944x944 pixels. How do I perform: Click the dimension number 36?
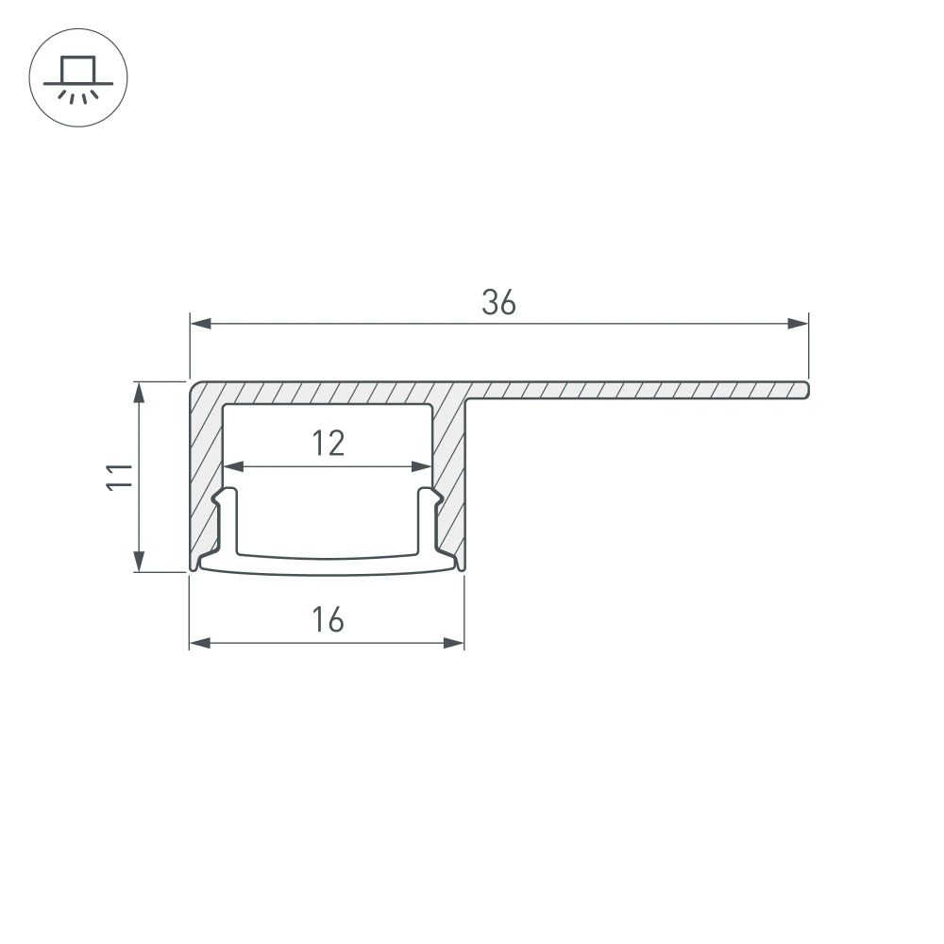[x=498, y=302]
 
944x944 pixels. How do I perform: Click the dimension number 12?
[x=328, y=443]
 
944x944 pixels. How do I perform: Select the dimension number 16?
[x=328, y=620]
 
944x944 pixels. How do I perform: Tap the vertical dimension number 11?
[x=118, y=477]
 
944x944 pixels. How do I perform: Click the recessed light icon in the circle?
[x=78, y=76]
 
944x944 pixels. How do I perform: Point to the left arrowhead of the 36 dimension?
[x=199, y=324]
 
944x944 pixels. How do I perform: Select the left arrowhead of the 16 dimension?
[x=199, y=643]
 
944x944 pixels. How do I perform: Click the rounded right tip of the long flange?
[x=806, y=389]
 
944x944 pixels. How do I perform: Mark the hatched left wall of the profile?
[x=205, y=472]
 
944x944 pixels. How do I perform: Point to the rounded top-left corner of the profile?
[x=194, y=387]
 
